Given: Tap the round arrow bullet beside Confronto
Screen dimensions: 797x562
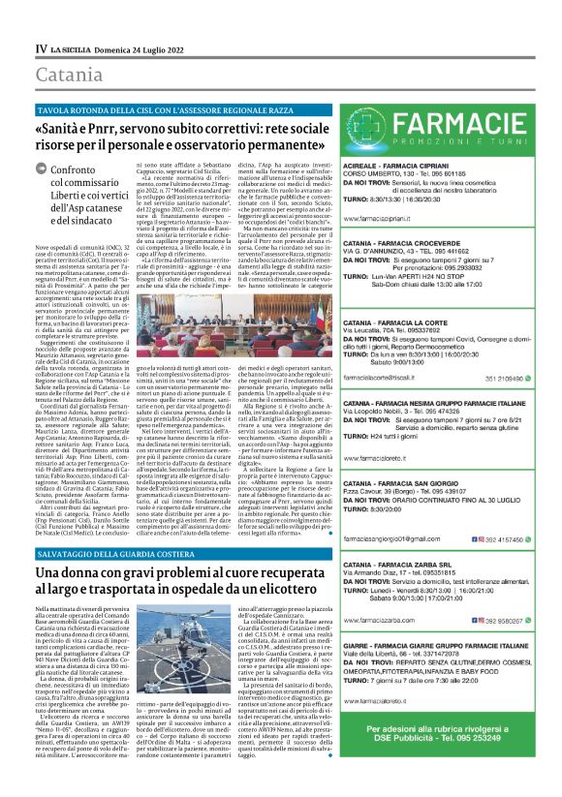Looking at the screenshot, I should (45, 171).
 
